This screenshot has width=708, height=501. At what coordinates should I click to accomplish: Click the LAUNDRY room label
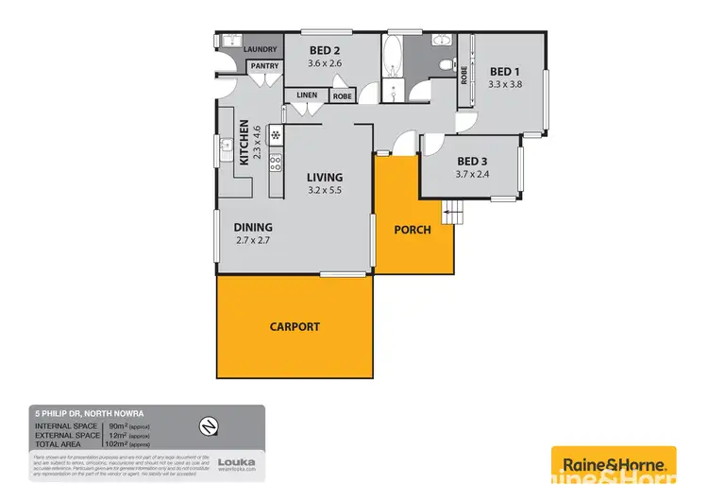tap(261, 49)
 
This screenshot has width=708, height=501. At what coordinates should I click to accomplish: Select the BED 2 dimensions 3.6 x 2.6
tap(324, 63)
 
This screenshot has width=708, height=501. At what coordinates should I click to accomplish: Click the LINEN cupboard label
tap(307, 95)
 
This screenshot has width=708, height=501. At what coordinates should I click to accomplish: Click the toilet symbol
tap(447, 63)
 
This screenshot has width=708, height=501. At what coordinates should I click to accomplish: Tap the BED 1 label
tap(504, 71)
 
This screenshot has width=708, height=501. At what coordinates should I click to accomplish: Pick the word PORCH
tap(413, 230)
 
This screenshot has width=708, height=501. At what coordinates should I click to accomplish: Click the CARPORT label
tap(295, 327)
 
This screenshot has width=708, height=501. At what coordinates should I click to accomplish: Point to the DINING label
tap(254, 227)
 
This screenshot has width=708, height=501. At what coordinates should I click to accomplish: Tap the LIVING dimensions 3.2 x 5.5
tap(324, 191)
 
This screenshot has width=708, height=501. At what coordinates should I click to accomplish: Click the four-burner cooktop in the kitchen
tap(276, 164)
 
